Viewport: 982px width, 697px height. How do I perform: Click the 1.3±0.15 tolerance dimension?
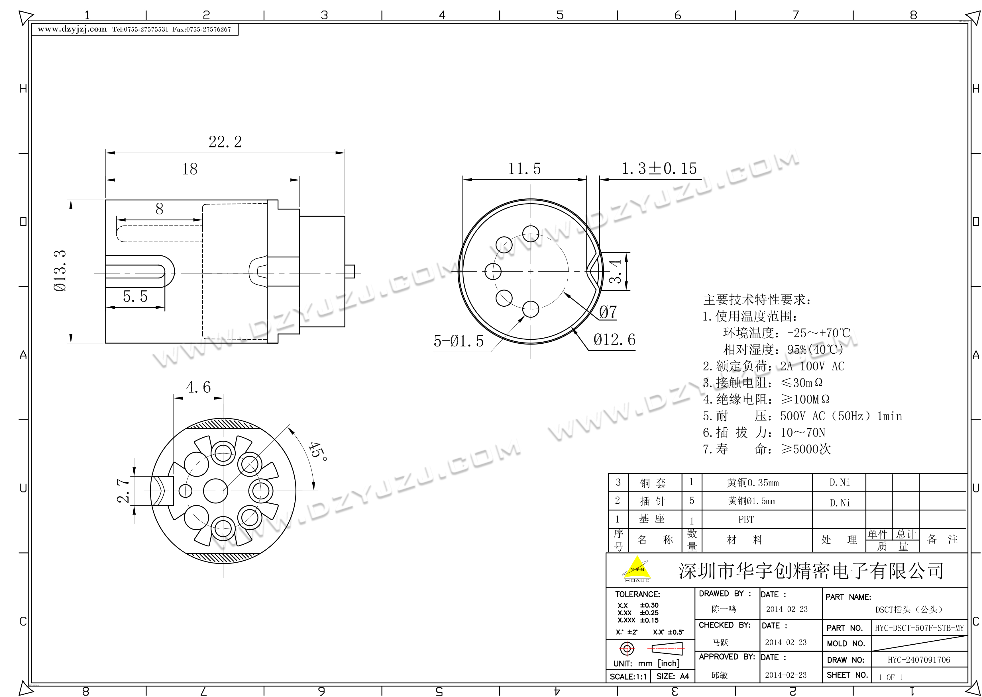coord(659,168)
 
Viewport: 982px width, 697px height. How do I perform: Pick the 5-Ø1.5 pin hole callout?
coord(458,341)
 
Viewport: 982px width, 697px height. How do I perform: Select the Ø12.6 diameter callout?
coord(614,340)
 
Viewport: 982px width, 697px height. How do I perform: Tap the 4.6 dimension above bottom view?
coord(198,388)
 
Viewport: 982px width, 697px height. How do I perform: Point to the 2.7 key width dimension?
coord(124,491)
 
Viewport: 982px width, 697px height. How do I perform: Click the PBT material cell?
coord(746,520)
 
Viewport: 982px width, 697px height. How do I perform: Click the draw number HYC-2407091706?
coord(919,660)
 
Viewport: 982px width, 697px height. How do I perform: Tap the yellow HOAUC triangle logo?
coord(637,568)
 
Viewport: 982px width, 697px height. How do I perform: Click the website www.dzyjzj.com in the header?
coord(72,29)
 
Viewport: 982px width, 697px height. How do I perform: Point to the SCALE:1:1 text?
coord(628,677)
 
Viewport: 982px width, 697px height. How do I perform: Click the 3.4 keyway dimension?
coord(616,271)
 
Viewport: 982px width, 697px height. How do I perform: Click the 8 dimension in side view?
coord(159,209)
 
